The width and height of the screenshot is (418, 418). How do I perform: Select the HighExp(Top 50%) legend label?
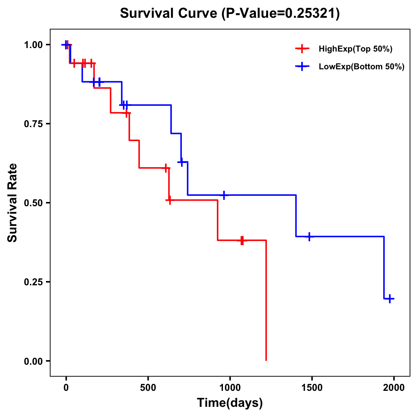tap(355, 49)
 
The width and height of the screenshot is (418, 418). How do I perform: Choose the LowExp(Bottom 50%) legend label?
tap(362, 67)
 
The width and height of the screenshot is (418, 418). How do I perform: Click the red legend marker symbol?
tap(302, 49)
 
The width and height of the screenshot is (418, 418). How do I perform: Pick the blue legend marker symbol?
tap(302, 67)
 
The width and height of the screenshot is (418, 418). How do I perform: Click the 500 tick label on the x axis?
tap(148, 388)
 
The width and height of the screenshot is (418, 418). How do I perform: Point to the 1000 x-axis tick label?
tap(230, 388)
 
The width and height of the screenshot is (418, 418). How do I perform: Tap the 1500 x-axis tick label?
tap(312, 388)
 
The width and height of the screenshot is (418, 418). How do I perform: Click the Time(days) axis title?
tap(230, 403)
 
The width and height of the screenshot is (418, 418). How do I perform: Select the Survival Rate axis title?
tap(13, 203)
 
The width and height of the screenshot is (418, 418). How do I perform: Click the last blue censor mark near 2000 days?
tap(390, 299)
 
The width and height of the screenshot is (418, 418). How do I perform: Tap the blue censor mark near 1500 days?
tap(309, 237)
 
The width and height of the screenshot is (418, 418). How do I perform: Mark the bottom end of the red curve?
tap(266, 360)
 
